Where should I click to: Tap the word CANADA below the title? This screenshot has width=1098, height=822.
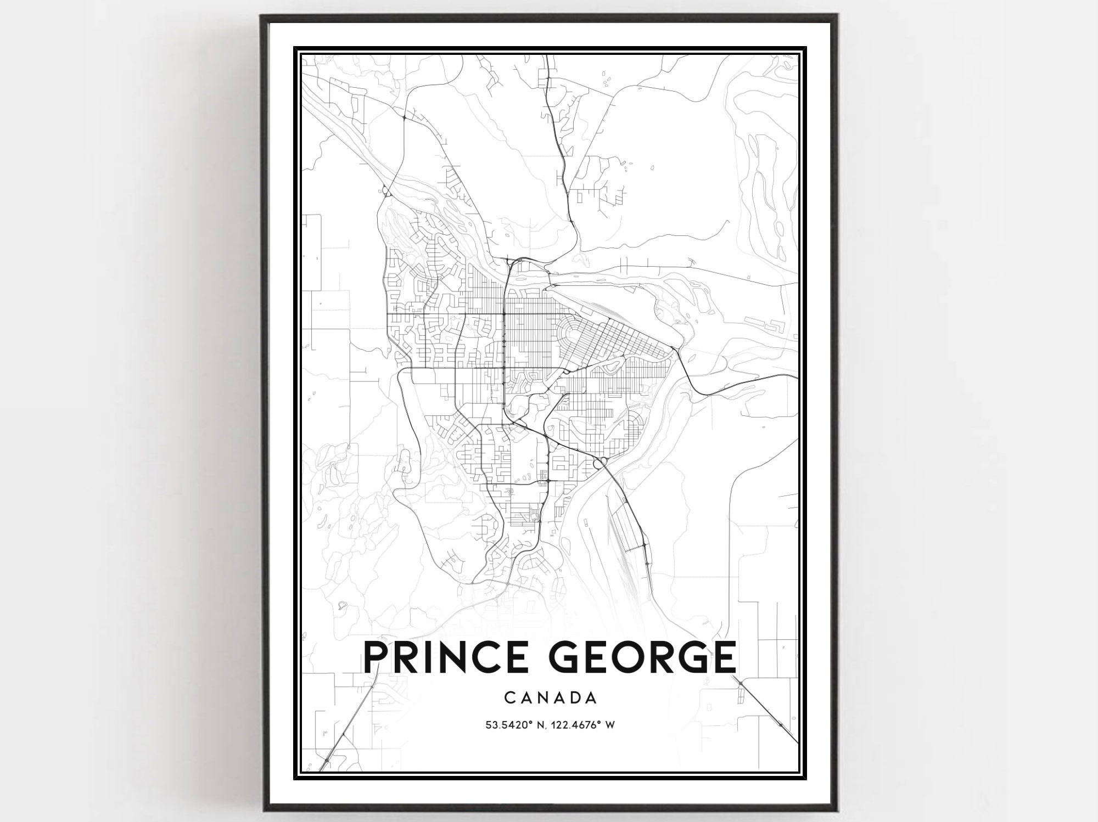(x=550, y=698)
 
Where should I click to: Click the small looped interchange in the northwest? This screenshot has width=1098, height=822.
(x=386, y=192)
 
